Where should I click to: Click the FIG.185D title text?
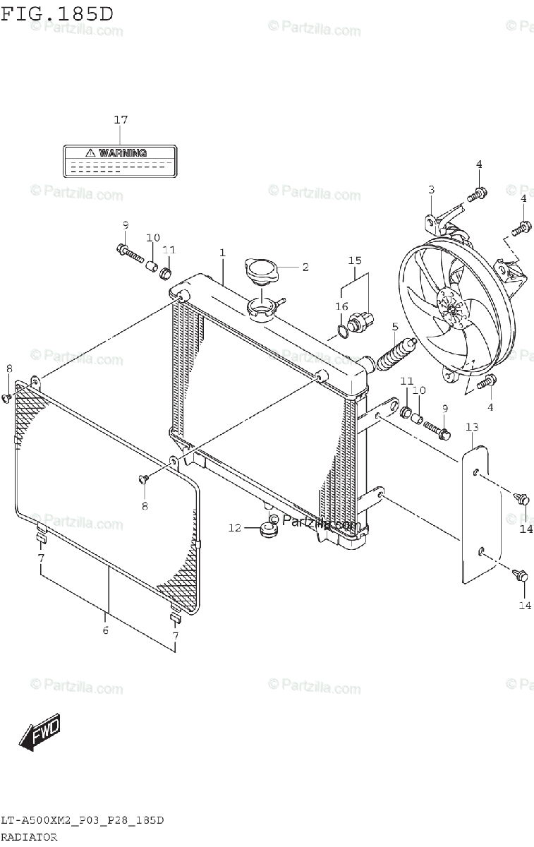pyautogui.click(x=57, y=13)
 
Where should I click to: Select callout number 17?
pyautogui.click(x=121, y=120)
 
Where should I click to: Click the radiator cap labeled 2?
pyautogui.click(x=260, y=270)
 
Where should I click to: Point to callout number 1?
pyautogui.click(x=222, y=252)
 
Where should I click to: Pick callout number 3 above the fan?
pyautogui.click(x=431, y=189)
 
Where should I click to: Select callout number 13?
pyautogui.click(x=472, y=427)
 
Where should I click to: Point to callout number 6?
pyautogui.click(x=105, y=630)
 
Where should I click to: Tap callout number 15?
pyautogui.click(x=354, y=260)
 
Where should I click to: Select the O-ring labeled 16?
pyautogui.click(x=343, y=329)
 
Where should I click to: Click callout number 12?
pyautogui.click(x=234, y=527)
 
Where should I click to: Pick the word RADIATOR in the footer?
pyautogui.click(x=29, y=836)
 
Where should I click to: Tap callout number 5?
pyautogui.click(x=394, y=326)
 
